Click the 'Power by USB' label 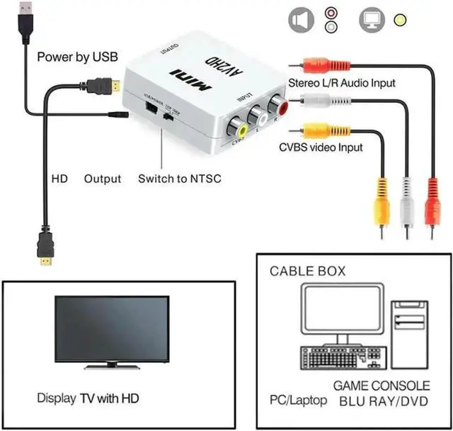(77, 57)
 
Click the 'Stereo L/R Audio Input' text (342, 83)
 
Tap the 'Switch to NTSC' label (179, 179)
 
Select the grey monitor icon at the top (372, 21)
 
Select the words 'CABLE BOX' (307, 272)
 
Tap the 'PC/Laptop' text (297, 401)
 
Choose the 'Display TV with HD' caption (88, 398)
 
